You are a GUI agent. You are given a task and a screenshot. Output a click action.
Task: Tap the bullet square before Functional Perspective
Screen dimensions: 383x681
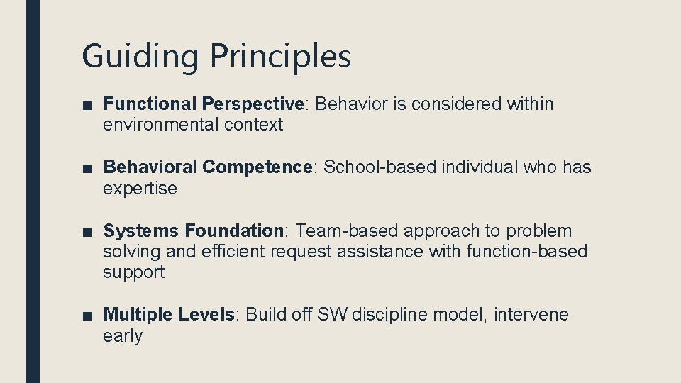[x=86, y=105]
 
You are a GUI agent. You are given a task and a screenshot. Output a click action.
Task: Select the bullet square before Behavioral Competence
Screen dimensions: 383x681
[x=86, y=168]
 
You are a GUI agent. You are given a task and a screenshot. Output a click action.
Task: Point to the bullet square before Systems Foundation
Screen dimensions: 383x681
[x=86, y=232]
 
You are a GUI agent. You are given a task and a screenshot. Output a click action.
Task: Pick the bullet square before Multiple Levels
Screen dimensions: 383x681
[x=86, y=316]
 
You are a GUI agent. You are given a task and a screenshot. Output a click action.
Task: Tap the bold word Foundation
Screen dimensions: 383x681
[x=234, y=231]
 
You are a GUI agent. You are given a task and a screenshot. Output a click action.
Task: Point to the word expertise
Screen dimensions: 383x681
[x=140, y=189]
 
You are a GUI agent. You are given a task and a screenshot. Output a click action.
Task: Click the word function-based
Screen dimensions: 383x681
[x=527, y=251]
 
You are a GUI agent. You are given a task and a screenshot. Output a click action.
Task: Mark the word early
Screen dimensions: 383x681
[x=122, y=335]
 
